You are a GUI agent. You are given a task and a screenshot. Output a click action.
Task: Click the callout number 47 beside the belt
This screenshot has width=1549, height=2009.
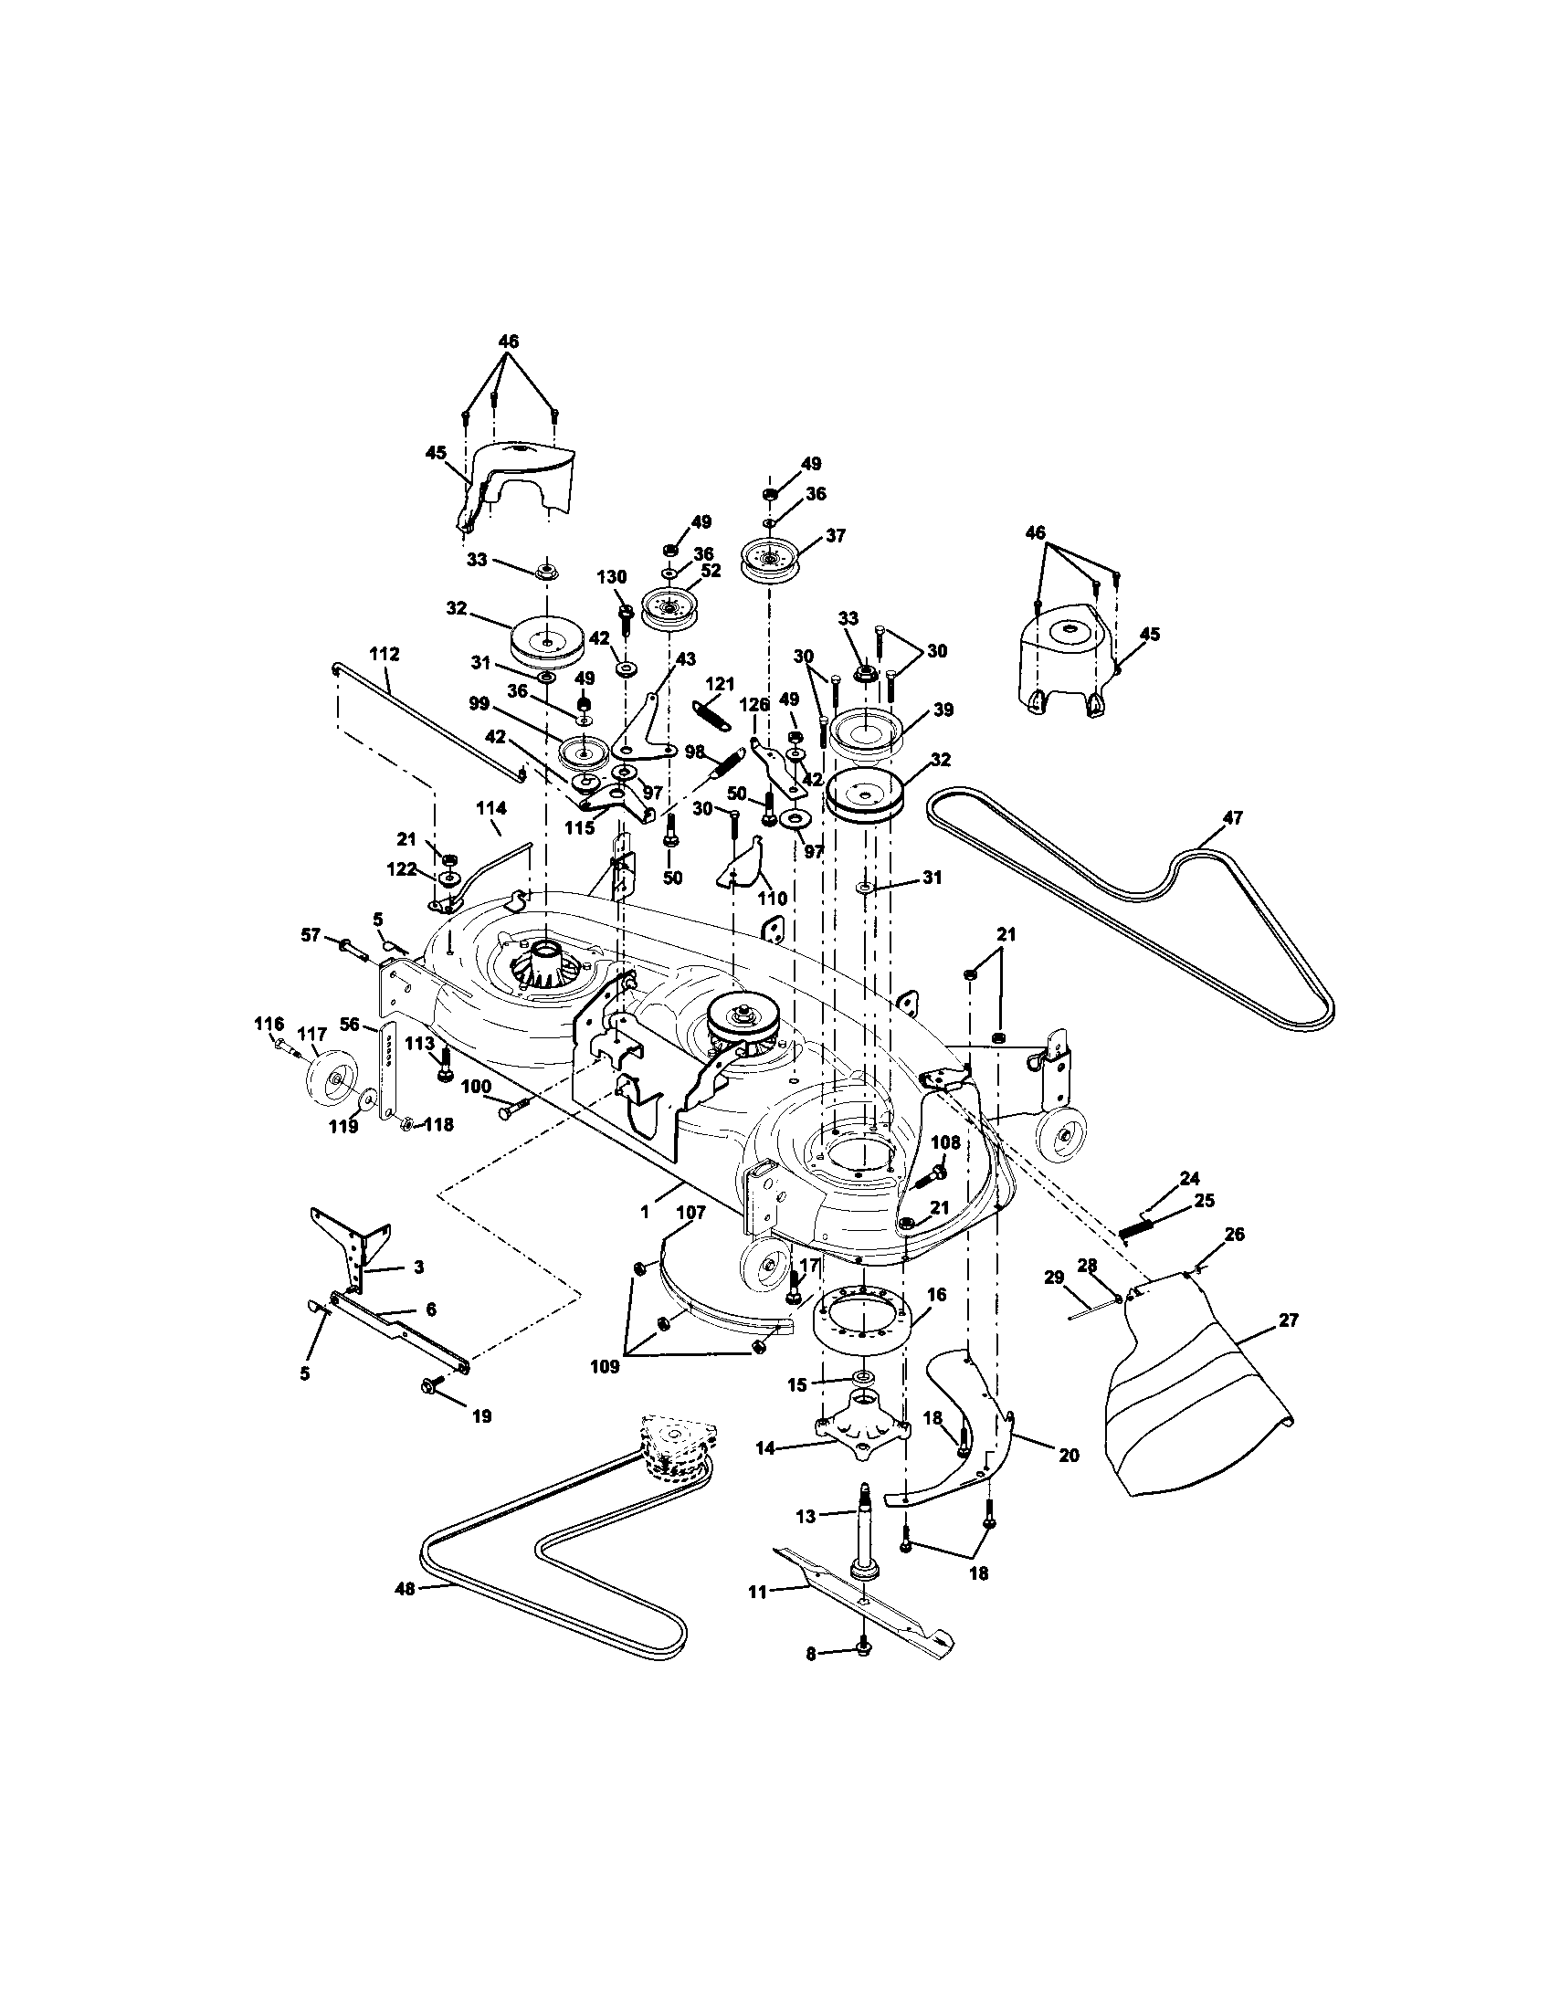[1232, 818]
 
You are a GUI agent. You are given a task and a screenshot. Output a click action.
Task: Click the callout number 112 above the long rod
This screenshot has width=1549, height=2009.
[385, 654]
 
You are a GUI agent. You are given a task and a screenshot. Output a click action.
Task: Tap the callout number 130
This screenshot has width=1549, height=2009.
[612, 577]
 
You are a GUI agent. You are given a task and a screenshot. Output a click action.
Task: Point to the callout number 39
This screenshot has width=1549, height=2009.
[942, 710]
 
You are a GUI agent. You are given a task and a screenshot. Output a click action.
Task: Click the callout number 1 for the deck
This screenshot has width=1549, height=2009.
[645, 1213]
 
